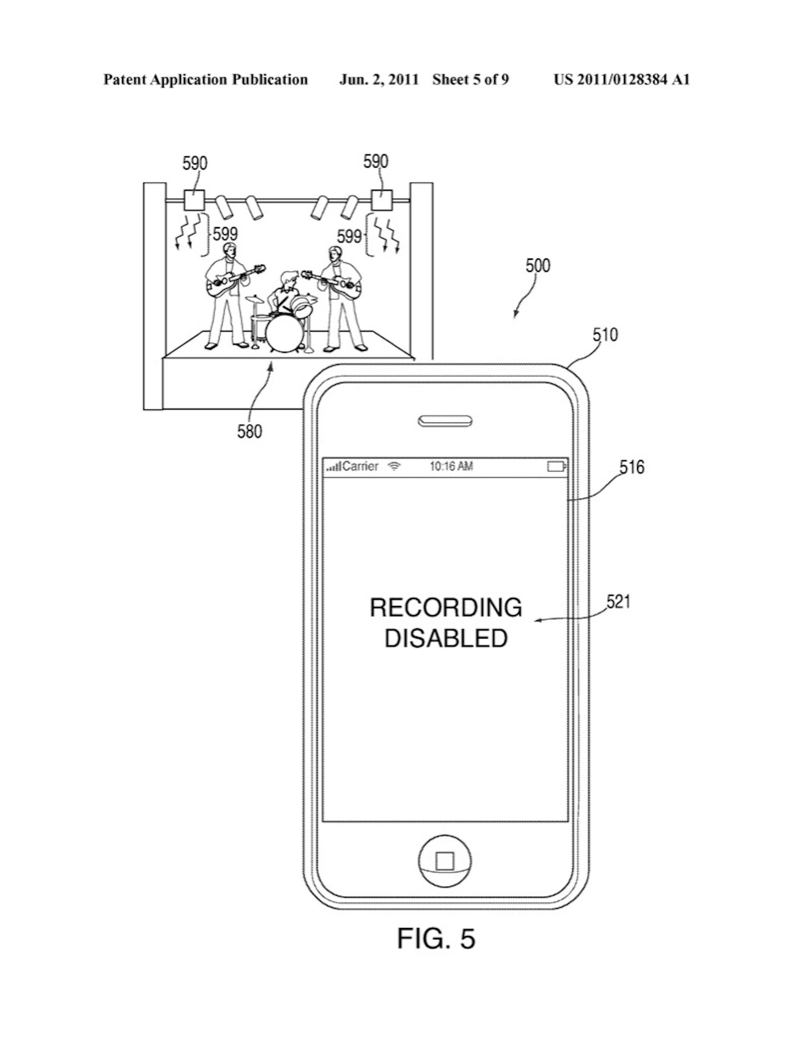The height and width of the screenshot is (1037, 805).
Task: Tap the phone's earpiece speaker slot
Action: [x=445, y=421]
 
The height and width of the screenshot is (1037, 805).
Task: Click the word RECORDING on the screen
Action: [x=446, y=608]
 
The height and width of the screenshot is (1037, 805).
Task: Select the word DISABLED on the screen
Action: [x=446, y=638]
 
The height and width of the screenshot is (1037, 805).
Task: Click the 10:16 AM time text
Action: [x=451, y=466]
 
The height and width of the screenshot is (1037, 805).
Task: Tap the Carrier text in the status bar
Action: [x=360, y=466]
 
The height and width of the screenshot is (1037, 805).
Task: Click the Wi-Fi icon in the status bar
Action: [x=394, y=466]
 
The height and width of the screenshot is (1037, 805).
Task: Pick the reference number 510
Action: [x=605, y=335]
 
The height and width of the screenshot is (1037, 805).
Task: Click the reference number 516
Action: [x=632, y=467]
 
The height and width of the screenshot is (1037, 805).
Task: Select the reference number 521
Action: [x=618, y=602]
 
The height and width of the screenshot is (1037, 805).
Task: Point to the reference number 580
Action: [x=250, y=431]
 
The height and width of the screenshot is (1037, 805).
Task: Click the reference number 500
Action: [x=537, y=265]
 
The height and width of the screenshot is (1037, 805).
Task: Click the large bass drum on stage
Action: [x=284, y=333]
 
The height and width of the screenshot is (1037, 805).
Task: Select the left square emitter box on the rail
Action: [x=194, y=200]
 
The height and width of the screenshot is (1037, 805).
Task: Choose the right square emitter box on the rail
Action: [x=382, y=200]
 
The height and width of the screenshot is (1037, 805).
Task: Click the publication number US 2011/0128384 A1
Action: [x=621, y=80]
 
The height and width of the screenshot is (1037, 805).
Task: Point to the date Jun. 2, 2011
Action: [x=379, y=80]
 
